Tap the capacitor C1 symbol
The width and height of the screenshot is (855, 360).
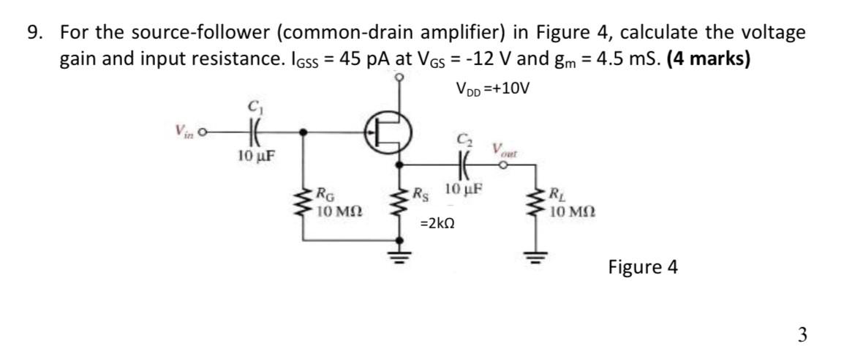[x=255, y=133]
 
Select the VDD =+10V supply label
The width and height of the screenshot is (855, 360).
[x=491, y=89]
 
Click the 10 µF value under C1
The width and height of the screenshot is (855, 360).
[x=256, y=155]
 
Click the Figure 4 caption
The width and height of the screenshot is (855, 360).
[x=642, y=267]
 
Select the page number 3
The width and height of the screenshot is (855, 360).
[x=802, y=335]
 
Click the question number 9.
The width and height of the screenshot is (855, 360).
[x=34, y=33]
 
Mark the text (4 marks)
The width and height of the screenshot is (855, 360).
[x=703, y=59]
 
